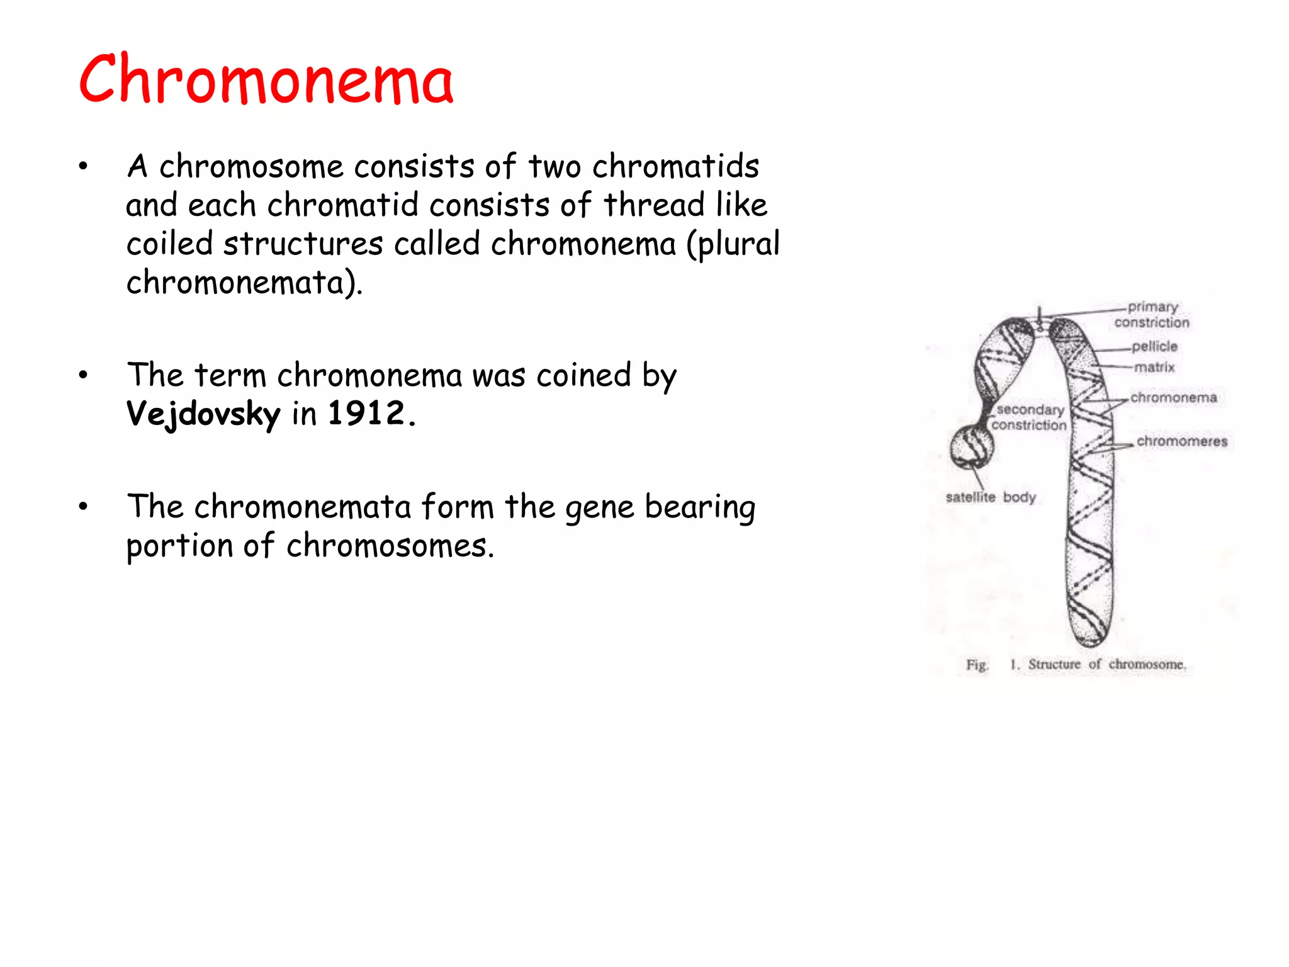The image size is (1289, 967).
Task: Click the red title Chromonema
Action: click(x=266, y=80)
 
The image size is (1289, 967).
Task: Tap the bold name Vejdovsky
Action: click(x=203, y=415)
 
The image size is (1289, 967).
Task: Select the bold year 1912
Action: click(x=366, y=414)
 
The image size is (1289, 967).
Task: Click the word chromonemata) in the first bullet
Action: click(x=244, y=283)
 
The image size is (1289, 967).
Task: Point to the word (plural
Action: click(x=733, y=244)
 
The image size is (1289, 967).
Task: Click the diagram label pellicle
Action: click(x=1154, y=346)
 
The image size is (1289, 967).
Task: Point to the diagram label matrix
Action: click(x=1154, y=367)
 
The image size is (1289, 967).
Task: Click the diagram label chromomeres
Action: click(x=1182, y=441)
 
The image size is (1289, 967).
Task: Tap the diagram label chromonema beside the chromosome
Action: click(x=1173, y=398)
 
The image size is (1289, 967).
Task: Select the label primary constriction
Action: click(x=1152, y=315)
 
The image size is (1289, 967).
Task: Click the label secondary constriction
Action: click(x=1030, y=417)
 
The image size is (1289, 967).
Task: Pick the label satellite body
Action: click(x=991, y=497)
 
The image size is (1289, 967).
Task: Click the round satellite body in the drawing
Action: click(x=972, y=447)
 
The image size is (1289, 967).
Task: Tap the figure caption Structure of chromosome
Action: click(x=1106, y=665)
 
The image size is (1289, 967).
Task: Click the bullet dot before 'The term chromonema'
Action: click(x=83, y=376)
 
